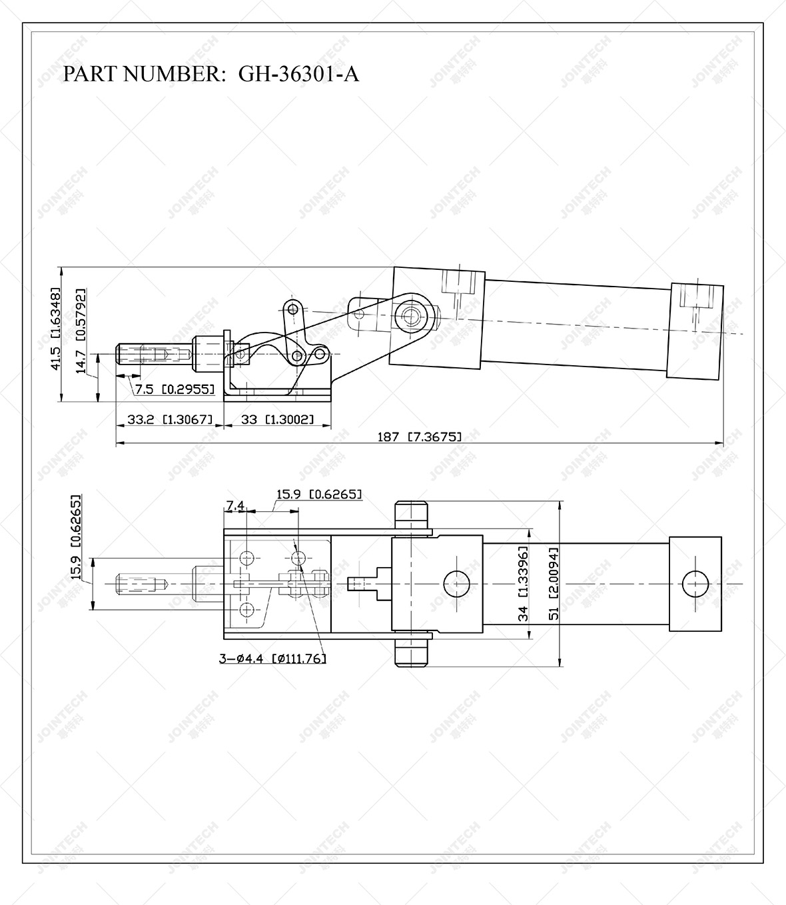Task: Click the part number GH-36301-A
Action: pos(298,74)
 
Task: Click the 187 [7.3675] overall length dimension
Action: pos(419,437)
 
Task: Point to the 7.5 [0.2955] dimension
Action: pos(175,389)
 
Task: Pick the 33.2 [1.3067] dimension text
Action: pos(169,420)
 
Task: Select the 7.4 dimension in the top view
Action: pos(234,507)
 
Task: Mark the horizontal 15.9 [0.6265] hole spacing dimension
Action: pos(318,494)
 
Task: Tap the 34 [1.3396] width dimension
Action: pos(524,584)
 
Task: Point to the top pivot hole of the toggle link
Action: pos(290,308)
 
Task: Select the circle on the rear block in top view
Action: pos(696,584)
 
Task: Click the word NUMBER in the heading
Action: pos(169,74)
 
